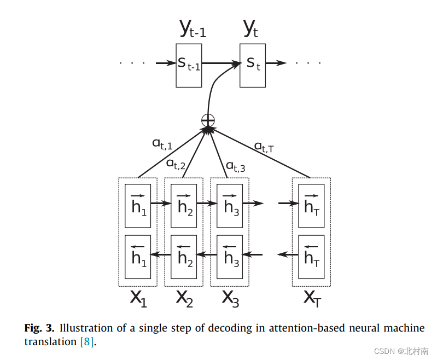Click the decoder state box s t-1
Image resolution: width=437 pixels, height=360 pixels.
(x=189, y=65)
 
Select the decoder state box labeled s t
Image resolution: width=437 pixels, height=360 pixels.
(x=253, y=65)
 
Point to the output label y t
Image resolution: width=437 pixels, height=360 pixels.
(x=250, y=29)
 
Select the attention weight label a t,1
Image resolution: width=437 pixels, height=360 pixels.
(x=162, y=144)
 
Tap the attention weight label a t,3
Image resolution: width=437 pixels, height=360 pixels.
(x=236, y=166)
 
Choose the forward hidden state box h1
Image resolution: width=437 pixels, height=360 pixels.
(x=138, y=206)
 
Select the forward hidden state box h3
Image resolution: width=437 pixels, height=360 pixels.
(x=230, y=206)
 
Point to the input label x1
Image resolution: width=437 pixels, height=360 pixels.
(x=138, y=298)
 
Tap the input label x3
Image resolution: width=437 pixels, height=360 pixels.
(x=230, y=298)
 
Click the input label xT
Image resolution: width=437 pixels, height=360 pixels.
(x=312, y=298)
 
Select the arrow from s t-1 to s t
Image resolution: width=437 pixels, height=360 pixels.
(x=221, y=63)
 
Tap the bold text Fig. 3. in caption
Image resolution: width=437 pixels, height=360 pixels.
(x=40, y=328)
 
